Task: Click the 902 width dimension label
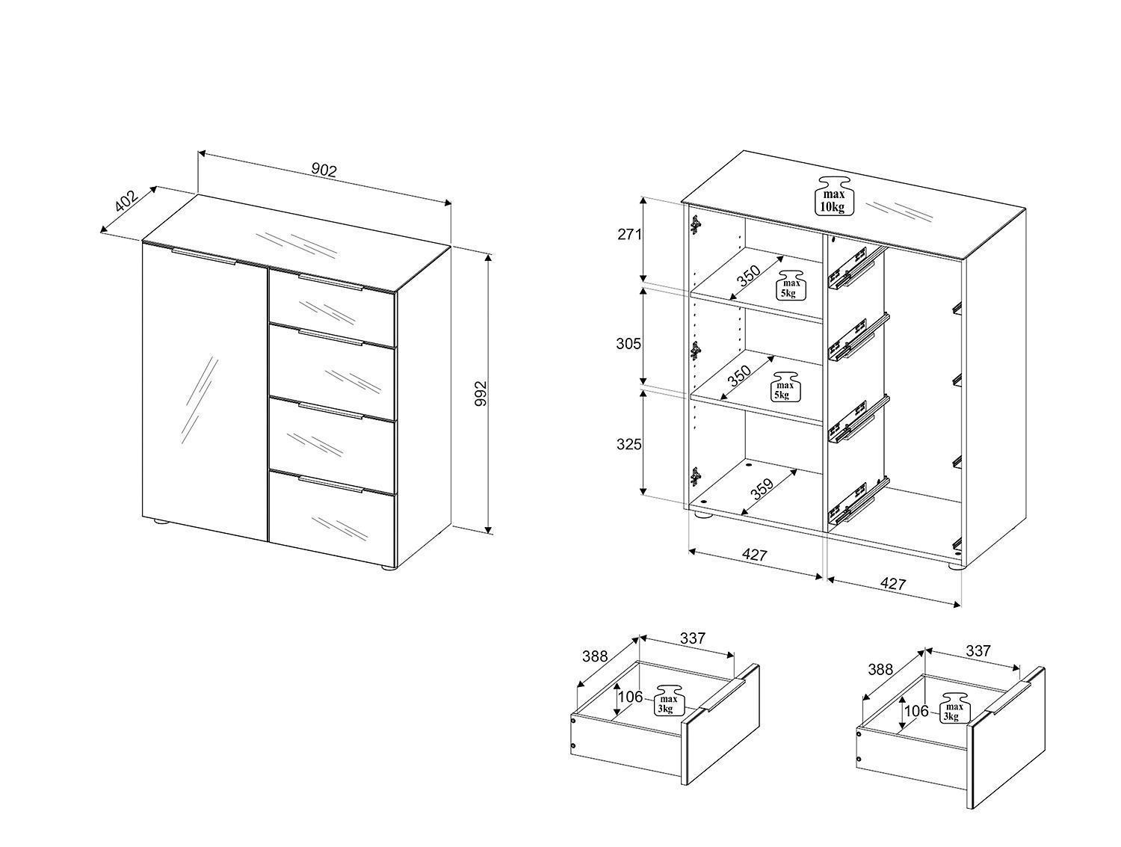click(324, 170)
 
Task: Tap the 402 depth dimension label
click(126, 201)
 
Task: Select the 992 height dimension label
click(481, 393)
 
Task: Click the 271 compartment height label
click(629, 235)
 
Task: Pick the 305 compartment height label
click(629, 344)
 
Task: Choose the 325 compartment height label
click(629, 444)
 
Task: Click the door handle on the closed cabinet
click(204, 256)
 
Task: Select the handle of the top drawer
click(330, 282)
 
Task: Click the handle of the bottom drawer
click(330, 483)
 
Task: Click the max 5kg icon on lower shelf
click(785, 386)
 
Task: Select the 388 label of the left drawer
click(595, 656)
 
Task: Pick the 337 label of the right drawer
click(978, 650)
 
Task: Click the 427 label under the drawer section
click(893, 584)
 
